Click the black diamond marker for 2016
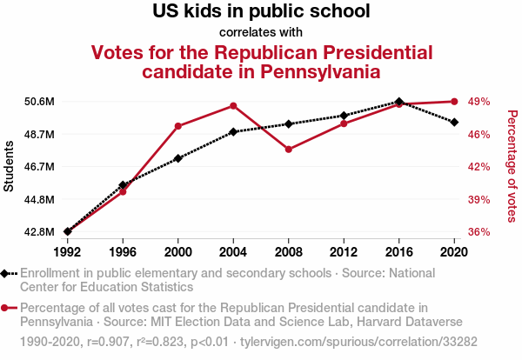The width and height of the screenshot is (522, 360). click(399, 102)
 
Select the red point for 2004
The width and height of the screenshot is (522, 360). click(233, 106)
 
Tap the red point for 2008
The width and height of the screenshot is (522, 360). click(289, 150)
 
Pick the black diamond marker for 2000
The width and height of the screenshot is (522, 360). click(178, 158)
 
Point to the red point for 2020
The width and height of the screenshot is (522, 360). click(454, 102)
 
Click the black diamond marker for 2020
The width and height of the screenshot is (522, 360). click(454, 122)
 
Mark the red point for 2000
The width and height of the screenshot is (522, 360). click(178, 126)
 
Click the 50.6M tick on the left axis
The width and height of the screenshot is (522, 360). click(39, 102)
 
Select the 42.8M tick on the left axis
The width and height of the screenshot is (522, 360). click(39, 232)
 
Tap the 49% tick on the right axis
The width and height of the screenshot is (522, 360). click(479, 102)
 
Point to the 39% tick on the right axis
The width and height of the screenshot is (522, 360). click(479, 199)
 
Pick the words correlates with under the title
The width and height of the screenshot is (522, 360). click(261, 32)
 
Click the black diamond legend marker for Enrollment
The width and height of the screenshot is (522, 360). click(8, 273)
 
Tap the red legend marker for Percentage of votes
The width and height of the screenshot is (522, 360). click(8, 308)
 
